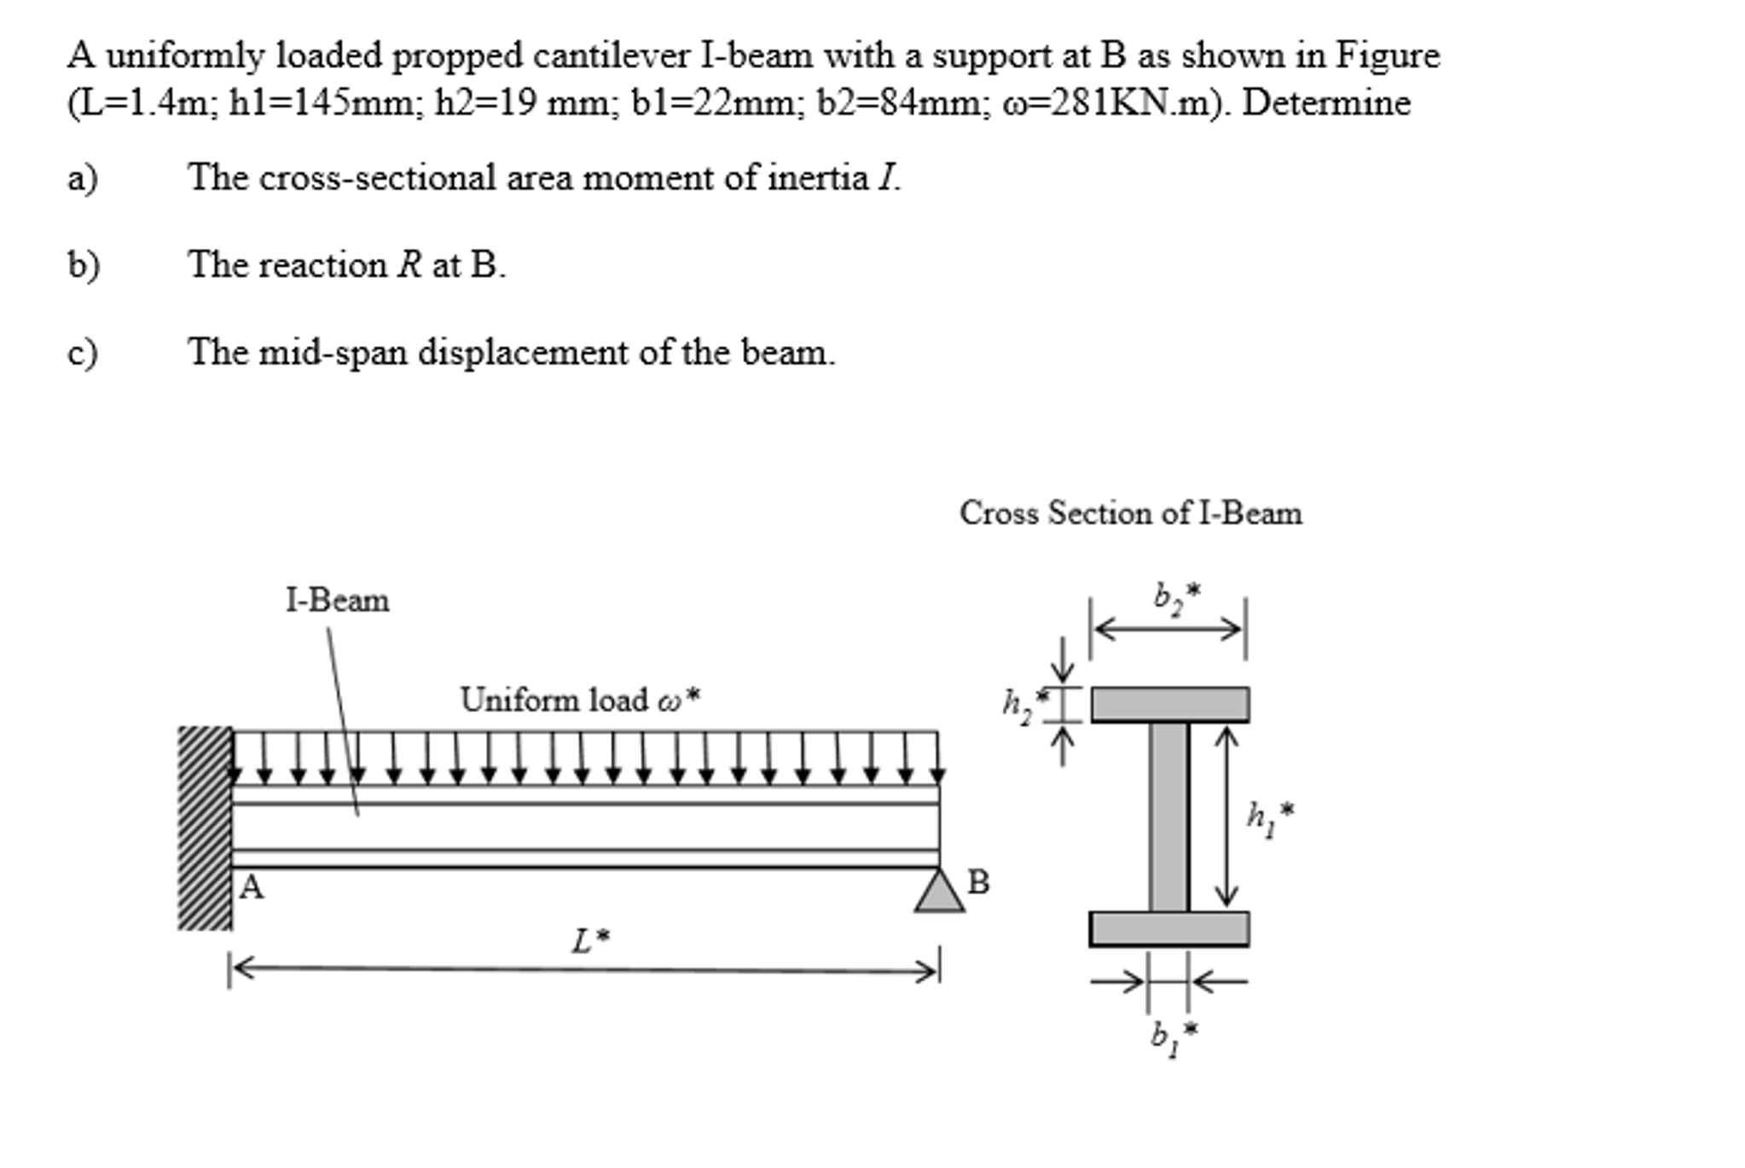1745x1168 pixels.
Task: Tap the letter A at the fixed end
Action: (x=252, y=888)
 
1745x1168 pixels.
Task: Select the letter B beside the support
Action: (x=979, y=882)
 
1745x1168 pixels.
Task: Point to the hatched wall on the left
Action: (x=205, y=827)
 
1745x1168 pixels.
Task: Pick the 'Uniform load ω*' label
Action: (x=580, y=700)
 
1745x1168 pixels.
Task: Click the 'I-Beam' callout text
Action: (x=337, y=601)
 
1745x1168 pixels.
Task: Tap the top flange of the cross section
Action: (x=1169, y=705)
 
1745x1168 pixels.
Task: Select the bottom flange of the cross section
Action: (x=1169, y=928)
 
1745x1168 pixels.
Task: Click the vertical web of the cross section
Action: (x=1168, y=817)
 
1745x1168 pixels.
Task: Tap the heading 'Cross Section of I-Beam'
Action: (x=1130, y=513)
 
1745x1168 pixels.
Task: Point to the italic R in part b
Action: (x=409, y=265)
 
